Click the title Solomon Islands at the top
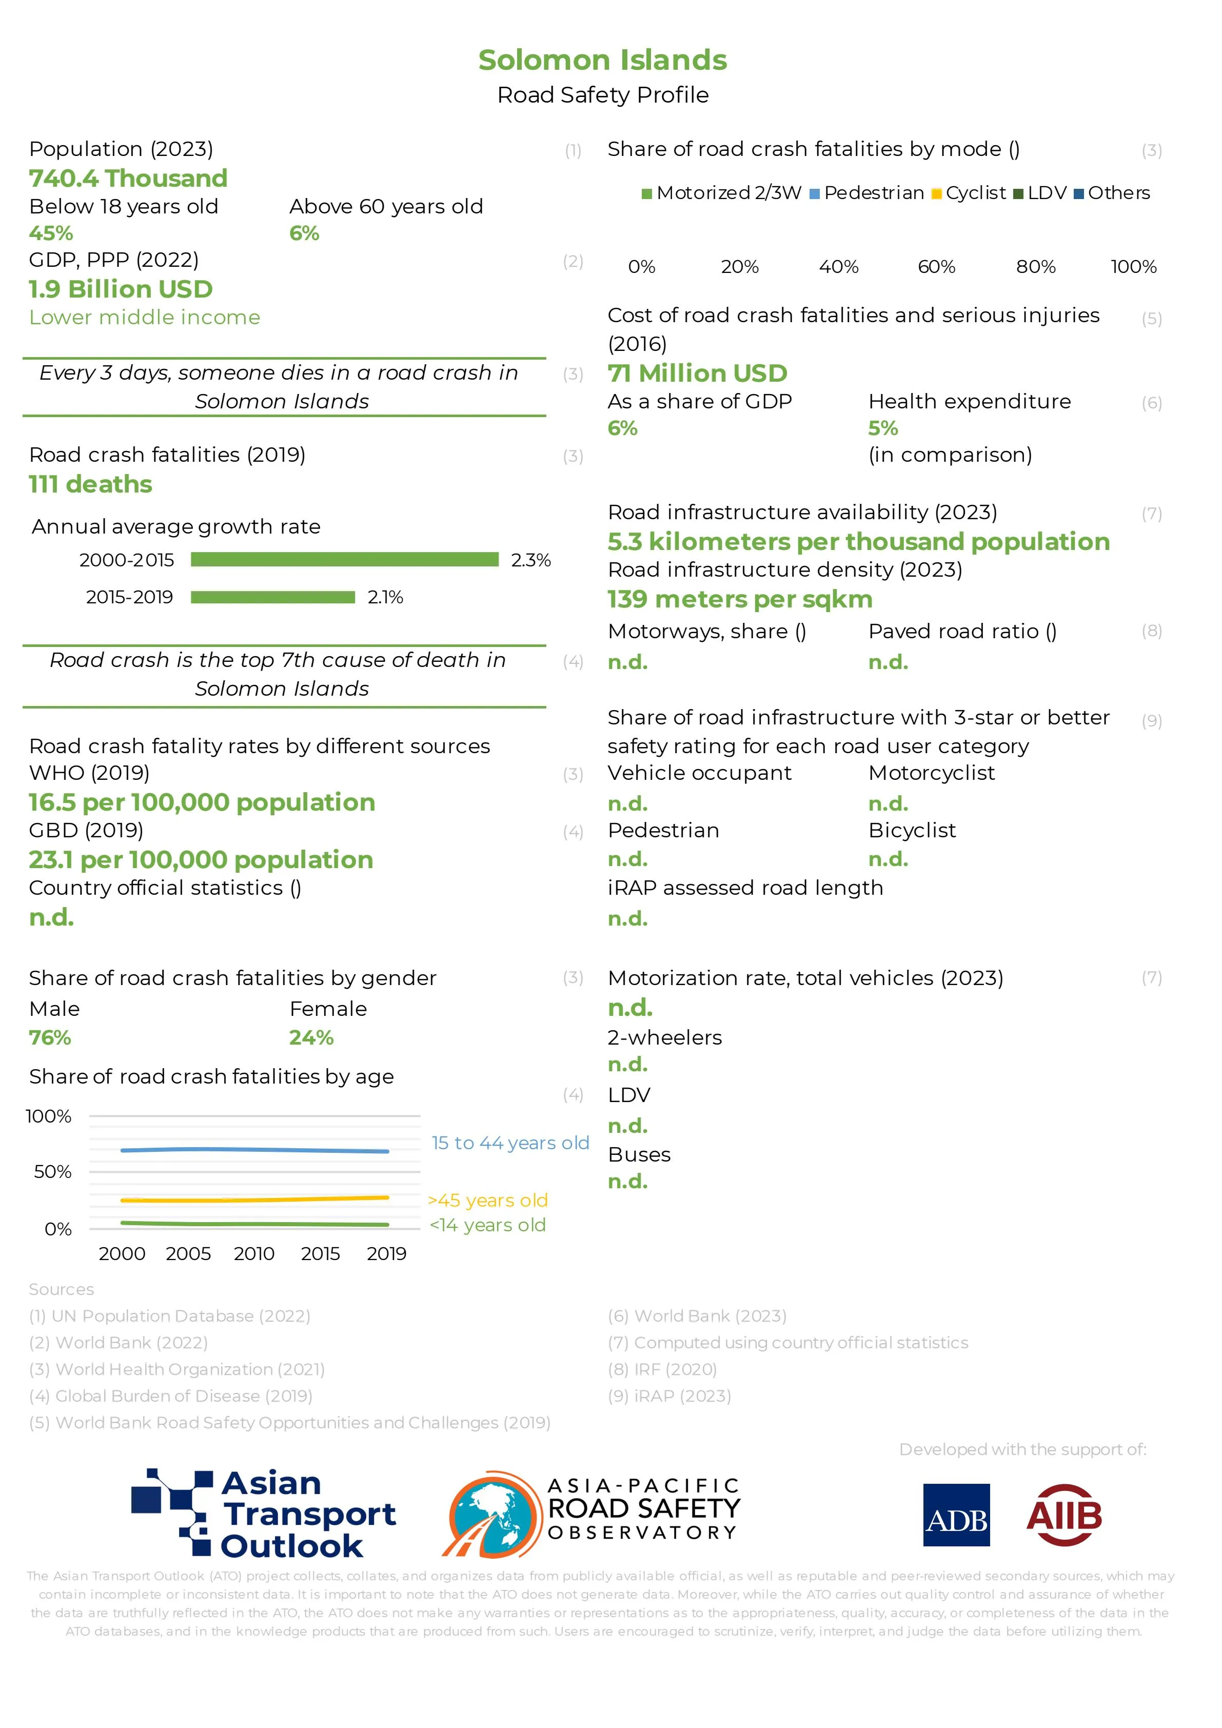603,60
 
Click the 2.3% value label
530,560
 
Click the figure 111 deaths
90,484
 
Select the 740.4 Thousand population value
128,179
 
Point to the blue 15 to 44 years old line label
509,1143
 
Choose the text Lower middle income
145,318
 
